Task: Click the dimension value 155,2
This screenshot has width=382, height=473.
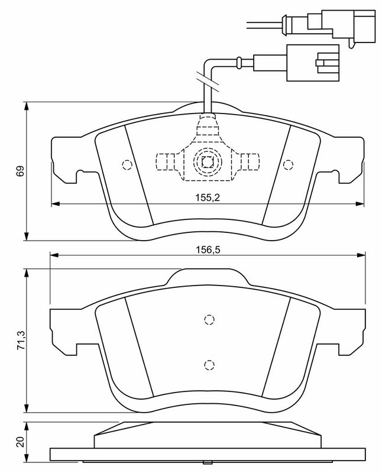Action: click(x=208, y=197)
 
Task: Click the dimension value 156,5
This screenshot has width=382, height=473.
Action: click(x=208, y=250)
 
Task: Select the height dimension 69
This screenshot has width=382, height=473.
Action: click(x=20, y=171)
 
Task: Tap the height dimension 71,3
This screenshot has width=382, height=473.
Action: click(x=21, y=340)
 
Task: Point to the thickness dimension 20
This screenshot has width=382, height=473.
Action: click(x=21, y=442)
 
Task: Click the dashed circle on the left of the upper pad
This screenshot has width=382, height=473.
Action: click(x=127, y=164)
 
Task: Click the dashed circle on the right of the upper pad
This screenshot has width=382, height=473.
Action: click(x=288, y=164)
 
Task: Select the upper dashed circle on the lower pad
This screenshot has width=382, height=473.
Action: click(x=209, y=319)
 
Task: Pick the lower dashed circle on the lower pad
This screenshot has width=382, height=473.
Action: click(x=209, y=365)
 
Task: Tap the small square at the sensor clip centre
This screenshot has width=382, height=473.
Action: click(x=208, y=162)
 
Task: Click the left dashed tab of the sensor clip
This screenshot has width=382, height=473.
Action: click(x=166, y=162)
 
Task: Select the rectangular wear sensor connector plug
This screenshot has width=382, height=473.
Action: click(x=313, y=63)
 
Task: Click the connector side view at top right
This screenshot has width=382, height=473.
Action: click(x=342, y=27)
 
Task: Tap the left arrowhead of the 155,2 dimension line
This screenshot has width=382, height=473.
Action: click(x=56, y=204)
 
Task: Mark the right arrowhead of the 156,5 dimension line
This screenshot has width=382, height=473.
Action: click(x=361, y=255)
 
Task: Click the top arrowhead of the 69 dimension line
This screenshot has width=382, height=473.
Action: click(x=27, y=106)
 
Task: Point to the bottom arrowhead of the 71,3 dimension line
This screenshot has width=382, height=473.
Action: click(x=27, y=408)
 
